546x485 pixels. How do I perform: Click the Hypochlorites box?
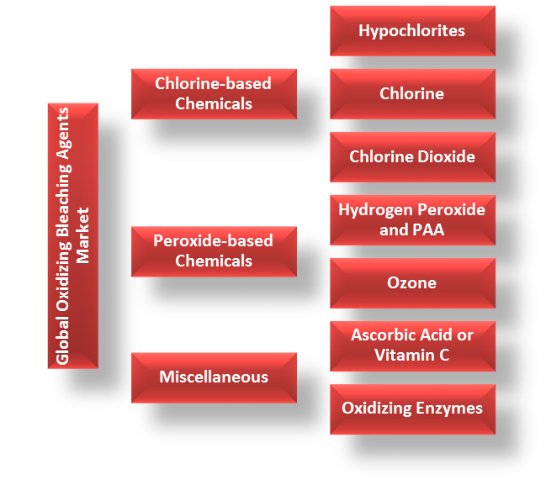[412, 31]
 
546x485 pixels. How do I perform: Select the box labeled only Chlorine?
[412, 93]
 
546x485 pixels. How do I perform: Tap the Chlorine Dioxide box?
[412, 156]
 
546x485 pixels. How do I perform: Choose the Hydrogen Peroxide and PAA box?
[412, 219]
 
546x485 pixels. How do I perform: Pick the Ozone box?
[412, 282]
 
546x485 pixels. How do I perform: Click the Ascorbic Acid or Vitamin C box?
[412, 345]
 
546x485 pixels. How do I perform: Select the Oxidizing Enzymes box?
[412, 409]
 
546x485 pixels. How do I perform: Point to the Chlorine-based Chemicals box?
[214, 93]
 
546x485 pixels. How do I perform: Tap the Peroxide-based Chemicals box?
[214, 250]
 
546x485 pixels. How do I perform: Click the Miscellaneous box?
[214, 377]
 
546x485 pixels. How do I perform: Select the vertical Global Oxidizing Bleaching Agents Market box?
[73, 235]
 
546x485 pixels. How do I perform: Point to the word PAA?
[428, 229]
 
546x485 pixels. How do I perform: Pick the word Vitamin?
[404, 356]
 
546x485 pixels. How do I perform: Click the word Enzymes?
[450, 409]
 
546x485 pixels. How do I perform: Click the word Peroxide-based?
[214, 241]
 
